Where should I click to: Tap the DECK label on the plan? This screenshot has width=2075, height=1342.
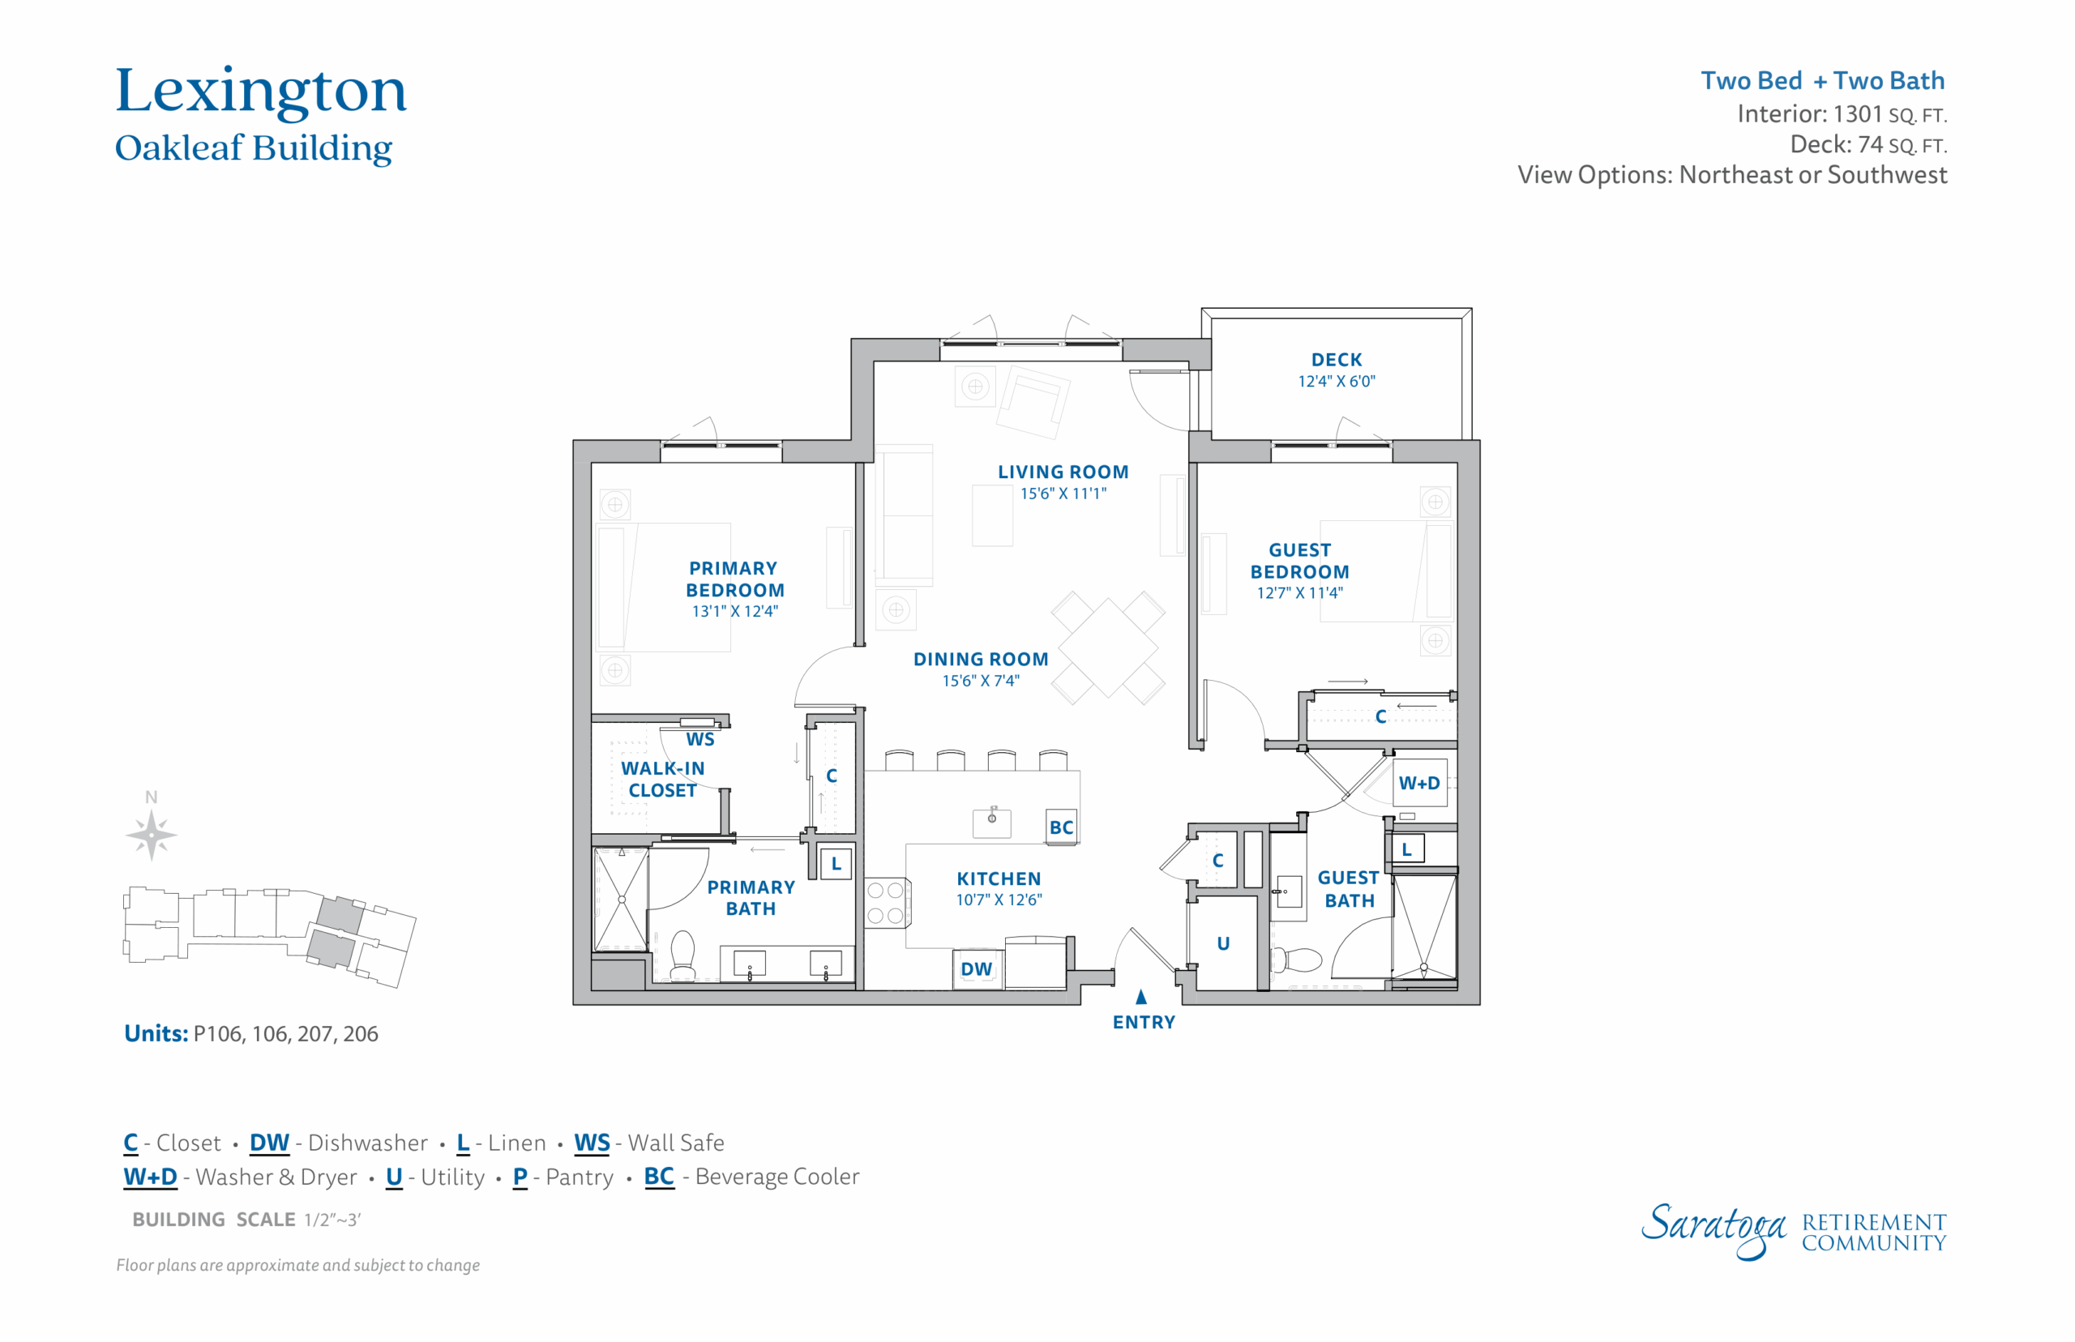coord(1336,360)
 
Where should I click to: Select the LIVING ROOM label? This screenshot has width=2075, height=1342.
coord(1063,472)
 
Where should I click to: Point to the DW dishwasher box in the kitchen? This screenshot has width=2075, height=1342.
coord(977,968)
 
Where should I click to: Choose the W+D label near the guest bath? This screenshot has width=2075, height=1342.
coord(1418,783)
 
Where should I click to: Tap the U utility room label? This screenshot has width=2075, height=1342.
coord(1222,943)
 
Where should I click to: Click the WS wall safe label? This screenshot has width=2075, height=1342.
coord(700,740)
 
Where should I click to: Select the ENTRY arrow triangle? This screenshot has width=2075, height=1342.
coord(1140,996)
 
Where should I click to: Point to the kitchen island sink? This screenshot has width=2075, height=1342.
coord(992,820)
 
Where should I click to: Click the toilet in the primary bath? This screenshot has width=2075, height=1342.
coord(682,955)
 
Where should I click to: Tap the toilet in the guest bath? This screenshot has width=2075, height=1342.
coord(1298,959)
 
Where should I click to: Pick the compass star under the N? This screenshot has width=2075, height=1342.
coord(151,835)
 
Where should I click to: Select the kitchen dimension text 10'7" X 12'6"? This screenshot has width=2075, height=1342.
coord(999,900)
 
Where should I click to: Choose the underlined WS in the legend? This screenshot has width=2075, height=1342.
coord(592,1143)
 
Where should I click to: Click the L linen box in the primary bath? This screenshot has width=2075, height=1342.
coord(836,864)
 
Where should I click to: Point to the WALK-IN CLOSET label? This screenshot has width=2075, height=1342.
coord(662,779)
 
